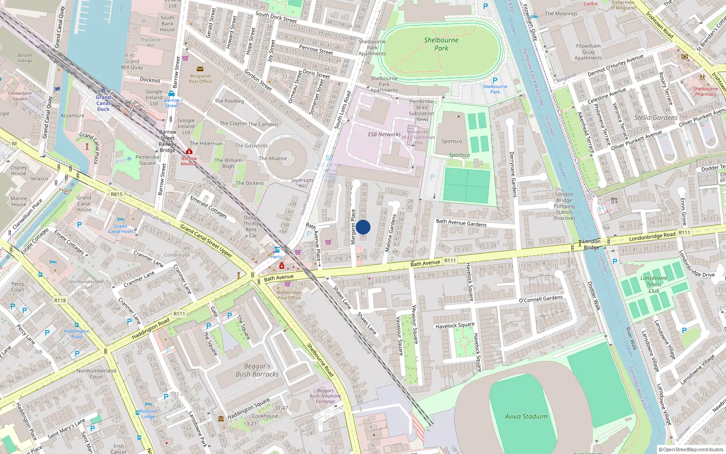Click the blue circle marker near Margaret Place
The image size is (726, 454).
point(363,227)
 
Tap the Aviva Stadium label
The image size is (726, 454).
point(526,416)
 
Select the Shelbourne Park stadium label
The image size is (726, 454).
point(441,44)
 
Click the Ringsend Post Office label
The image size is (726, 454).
point(200,79)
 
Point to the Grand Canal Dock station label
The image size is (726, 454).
point(103,103)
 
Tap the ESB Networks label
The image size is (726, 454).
point(384,134)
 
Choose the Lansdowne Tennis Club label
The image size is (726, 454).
point(653,284)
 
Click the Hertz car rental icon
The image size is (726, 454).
point(277,250)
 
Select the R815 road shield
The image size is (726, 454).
point(117,194)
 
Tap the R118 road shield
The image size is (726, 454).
point(60,300)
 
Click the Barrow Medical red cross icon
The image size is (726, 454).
point(189,152)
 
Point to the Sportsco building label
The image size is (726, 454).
point(452,141)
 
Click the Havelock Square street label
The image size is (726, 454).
point(455,326)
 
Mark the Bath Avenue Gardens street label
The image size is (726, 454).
point(461,223)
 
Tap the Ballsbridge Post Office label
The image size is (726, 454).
point(289,295)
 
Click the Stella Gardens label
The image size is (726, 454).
point(656,118)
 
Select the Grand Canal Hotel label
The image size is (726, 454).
point(121,228)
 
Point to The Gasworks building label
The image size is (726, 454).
point(251,146)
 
